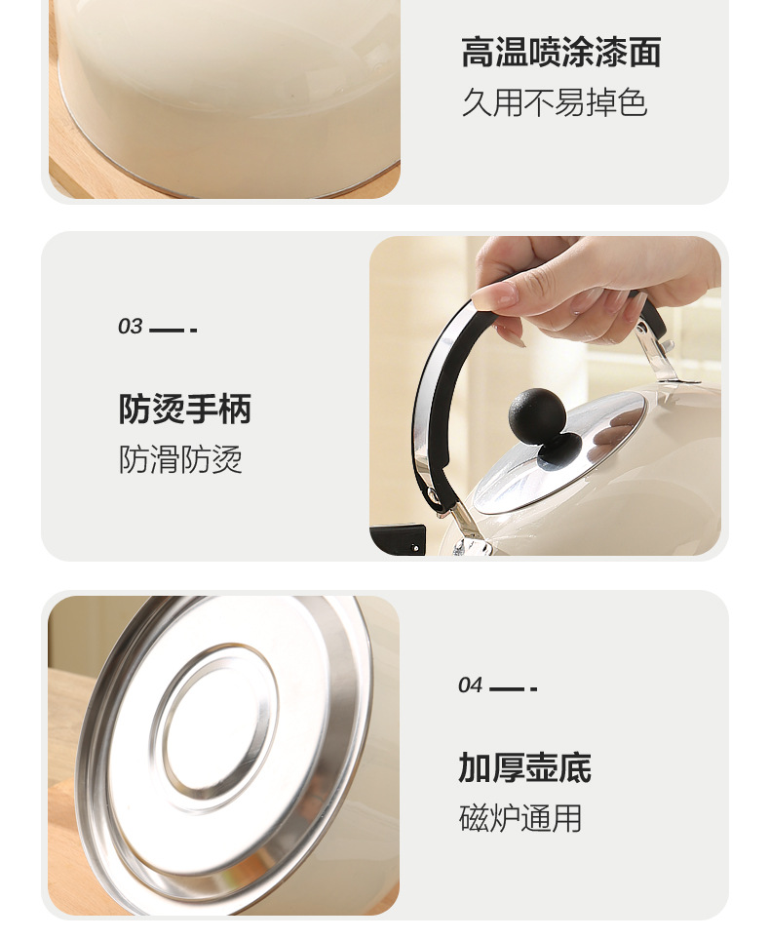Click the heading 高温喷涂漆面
[561, 52]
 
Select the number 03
[130, 327]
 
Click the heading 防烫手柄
[185, 409]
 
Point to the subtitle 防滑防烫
[180, 459]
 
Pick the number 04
[470, 685]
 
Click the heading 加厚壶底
[524, 767]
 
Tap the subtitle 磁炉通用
[520, 817]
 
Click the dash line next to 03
[173, 330]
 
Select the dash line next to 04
[513, 689]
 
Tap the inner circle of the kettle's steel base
[214, 727]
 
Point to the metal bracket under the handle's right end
[658, 353]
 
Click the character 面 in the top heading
[645, 52]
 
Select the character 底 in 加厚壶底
[575, 767]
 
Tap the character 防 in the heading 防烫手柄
[135, 409]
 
